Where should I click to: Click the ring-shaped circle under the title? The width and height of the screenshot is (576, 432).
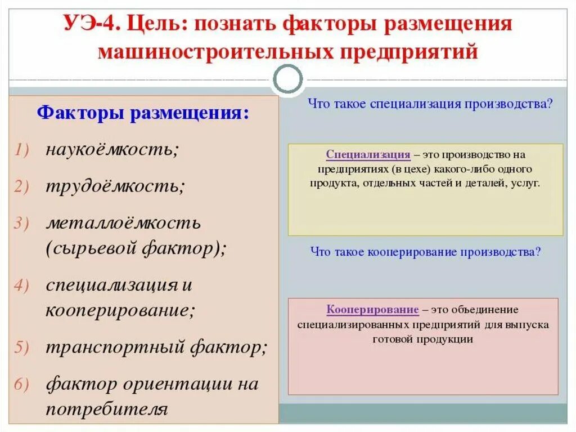(x=287, y=81)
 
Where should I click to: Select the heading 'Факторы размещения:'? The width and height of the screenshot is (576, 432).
(x=142, y=113)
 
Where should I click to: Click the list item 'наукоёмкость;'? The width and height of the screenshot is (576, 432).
(x=112, y=150)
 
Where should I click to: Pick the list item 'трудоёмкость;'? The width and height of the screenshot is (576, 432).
(x=115, y=186)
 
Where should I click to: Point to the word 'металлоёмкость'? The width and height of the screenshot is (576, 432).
(x=123, y=223)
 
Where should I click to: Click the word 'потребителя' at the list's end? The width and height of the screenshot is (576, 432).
(x=107, y=408)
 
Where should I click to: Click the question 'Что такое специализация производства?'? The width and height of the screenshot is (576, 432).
(x=431, y=104)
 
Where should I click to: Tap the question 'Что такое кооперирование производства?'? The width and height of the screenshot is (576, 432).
(x=425, y=252)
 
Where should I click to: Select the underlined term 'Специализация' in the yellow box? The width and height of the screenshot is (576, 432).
(x=368, y=154)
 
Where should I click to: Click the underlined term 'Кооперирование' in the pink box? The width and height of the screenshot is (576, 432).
(x=372, y=310)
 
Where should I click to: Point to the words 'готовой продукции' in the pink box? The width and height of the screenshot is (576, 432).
(x=422, y=339)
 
